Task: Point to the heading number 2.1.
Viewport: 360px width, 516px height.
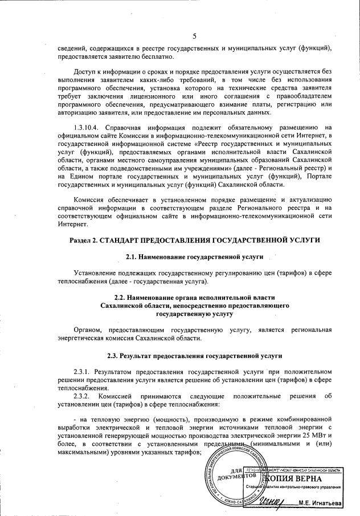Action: (x=134, y=258)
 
